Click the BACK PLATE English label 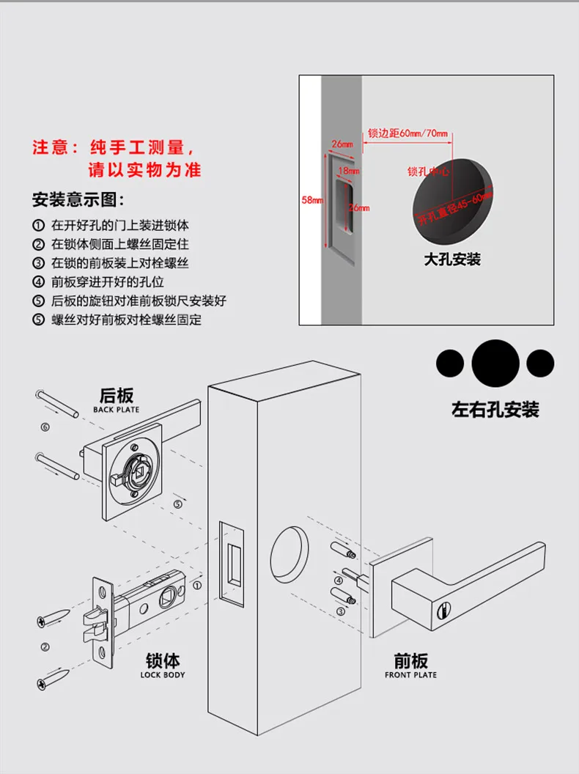116,410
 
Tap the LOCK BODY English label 163,674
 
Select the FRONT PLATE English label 410,674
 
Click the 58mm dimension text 312,199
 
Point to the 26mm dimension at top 342,144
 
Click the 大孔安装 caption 452,259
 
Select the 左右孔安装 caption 495,409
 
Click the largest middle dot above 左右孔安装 495,361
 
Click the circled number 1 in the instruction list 38,225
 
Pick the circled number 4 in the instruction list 38,282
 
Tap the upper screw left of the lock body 54,618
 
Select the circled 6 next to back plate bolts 45,427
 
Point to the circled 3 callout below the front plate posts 341,611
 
